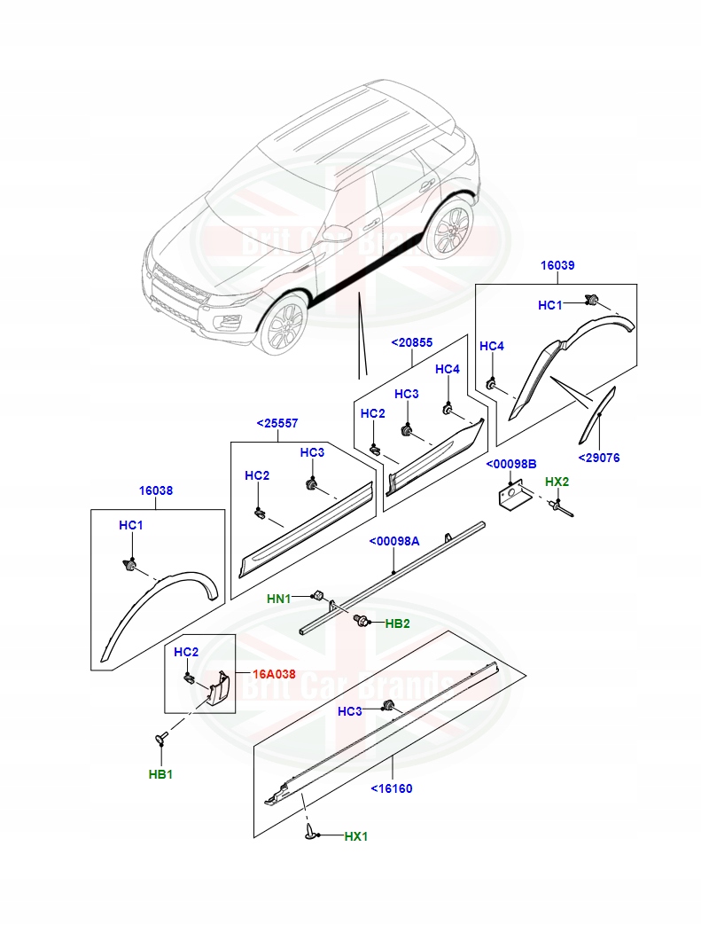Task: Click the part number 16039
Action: [557, 266]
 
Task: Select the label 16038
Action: [155, 490]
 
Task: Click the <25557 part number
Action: [277, 424]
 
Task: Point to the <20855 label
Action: [412, 341]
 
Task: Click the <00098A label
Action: [394, 541]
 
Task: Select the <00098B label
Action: [511, 464]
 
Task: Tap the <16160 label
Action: [391, 788]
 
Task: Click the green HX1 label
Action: [355, 835]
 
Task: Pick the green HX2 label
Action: [557, 482]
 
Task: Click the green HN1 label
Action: [279, 599]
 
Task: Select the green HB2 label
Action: [397, 623]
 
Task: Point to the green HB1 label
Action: [160, 773]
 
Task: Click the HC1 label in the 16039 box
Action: [550, 305]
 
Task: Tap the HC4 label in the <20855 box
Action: [448, 369]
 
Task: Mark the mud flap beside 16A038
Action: [217, 690]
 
